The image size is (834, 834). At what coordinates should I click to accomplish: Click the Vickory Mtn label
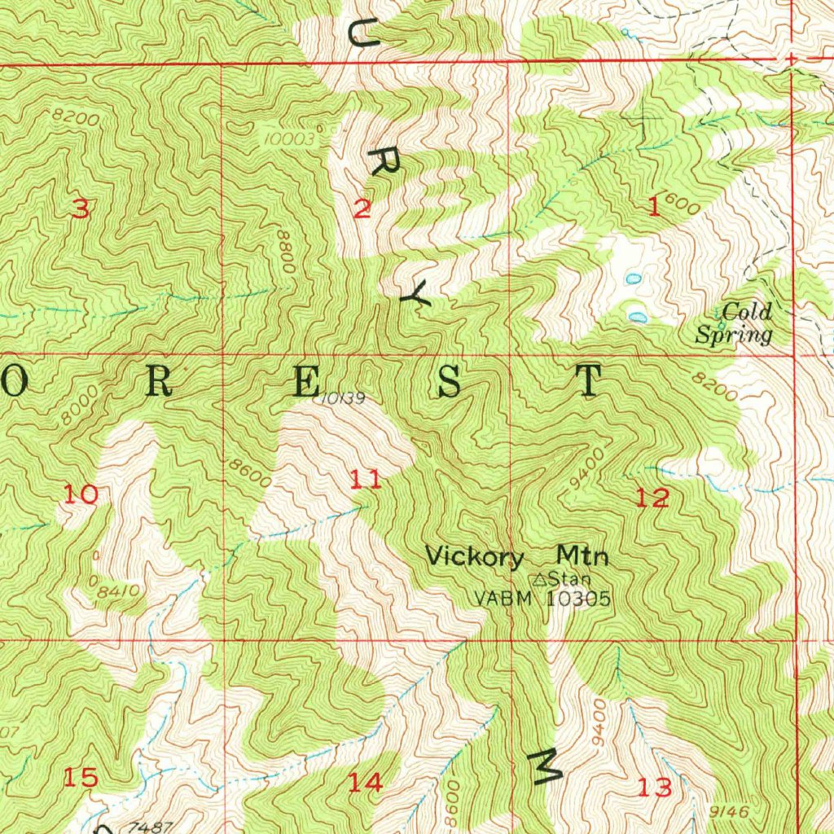tap(517, 557)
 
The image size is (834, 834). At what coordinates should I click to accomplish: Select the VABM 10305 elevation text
tap(542, 599)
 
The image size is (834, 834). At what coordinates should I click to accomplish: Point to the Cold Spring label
tap(734, 323)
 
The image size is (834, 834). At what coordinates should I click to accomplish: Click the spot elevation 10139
tap(336, 398)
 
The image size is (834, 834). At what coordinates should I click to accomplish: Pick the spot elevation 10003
tap(288, 139)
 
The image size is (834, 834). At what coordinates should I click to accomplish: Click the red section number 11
tap(365, 480)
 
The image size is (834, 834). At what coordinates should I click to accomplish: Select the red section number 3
tap(80, 210)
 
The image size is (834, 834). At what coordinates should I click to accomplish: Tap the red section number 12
tap(652, 498)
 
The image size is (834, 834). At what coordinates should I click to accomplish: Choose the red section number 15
tap(81, 778)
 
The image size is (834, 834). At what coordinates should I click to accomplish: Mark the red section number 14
tap(365, 783)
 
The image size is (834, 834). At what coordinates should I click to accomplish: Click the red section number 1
tap(653, 208)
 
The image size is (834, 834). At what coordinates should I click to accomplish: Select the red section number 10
tap(81, 494)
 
